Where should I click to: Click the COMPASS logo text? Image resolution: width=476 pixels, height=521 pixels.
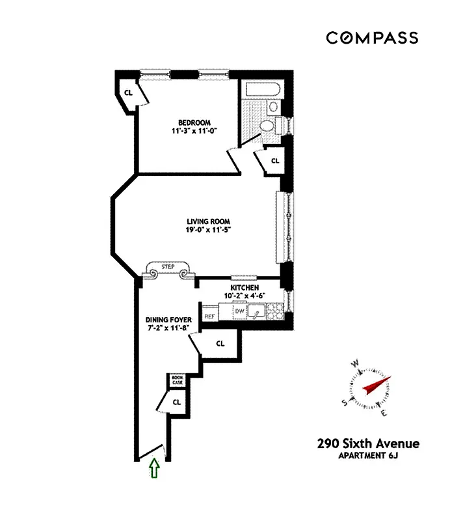372,38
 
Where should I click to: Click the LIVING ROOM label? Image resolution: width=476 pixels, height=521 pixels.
208,221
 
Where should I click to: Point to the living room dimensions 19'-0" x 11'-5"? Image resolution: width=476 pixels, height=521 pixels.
208,230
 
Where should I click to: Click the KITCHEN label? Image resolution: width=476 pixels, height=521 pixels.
245,287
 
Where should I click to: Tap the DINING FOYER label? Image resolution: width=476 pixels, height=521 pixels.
168,320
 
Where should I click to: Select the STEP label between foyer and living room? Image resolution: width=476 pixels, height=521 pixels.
169,267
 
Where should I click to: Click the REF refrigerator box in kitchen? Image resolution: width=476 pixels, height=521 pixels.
209,316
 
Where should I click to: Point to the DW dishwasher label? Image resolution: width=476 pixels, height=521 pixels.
239,312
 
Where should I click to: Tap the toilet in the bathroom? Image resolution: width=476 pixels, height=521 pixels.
267,126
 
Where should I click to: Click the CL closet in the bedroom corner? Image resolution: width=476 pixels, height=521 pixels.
129,92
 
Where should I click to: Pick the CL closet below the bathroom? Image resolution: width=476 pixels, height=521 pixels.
274,160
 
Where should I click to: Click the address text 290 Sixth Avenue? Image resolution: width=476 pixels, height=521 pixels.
368,444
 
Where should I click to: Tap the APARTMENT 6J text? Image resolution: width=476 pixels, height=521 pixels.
368,456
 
